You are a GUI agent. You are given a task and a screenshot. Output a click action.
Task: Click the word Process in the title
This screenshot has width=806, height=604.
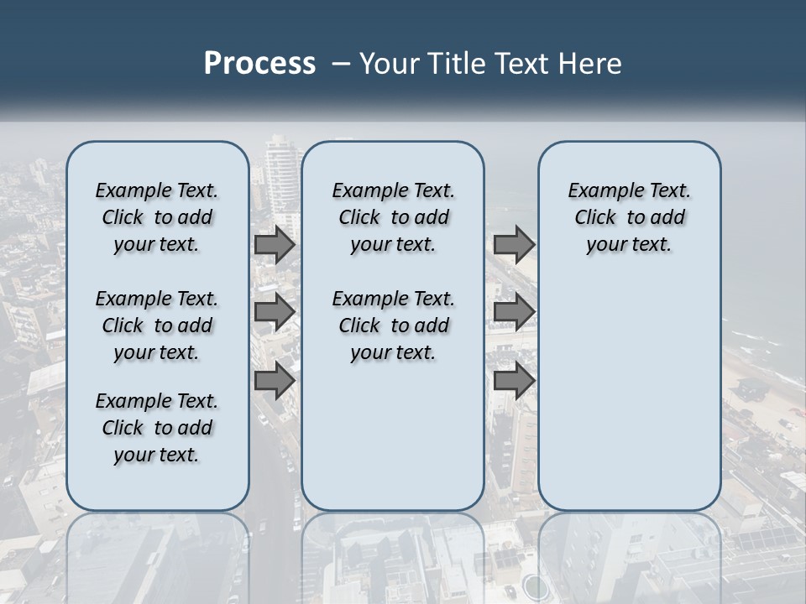pos(259,64)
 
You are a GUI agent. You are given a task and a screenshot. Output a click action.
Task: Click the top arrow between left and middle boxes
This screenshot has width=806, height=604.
pos(275,245)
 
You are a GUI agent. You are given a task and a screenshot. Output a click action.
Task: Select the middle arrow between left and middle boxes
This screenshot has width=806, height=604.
pos(275,313)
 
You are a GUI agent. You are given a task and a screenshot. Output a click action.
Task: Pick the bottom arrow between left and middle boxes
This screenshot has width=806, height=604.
pos(275,380)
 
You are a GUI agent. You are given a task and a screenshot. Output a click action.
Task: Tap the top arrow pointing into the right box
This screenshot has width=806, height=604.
pos(514,245)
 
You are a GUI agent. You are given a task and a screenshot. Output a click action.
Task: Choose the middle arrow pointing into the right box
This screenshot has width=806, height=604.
pos(514,313)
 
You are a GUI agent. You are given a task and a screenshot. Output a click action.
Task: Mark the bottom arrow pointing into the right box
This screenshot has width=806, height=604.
pos(514,380)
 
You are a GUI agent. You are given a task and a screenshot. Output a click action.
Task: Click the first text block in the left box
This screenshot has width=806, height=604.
pos(157,217)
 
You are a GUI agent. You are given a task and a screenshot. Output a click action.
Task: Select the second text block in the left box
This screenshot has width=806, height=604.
pos(157,325)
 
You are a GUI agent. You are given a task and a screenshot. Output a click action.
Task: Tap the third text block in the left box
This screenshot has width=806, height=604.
pos(157,428)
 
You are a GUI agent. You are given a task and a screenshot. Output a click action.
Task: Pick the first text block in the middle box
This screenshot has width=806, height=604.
pos(393,217)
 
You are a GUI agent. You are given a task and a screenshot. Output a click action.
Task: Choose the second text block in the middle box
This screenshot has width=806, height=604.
pos(393,325)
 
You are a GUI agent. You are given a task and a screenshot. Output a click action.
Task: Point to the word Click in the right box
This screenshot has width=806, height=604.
pos(595,218)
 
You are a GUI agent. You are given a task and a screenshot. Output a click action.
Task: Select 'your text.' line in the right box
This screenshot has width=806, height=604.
pos(629,245)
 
